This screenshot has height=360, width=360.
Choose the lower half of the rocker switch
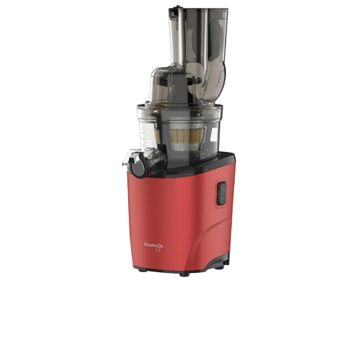point(222,199)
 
